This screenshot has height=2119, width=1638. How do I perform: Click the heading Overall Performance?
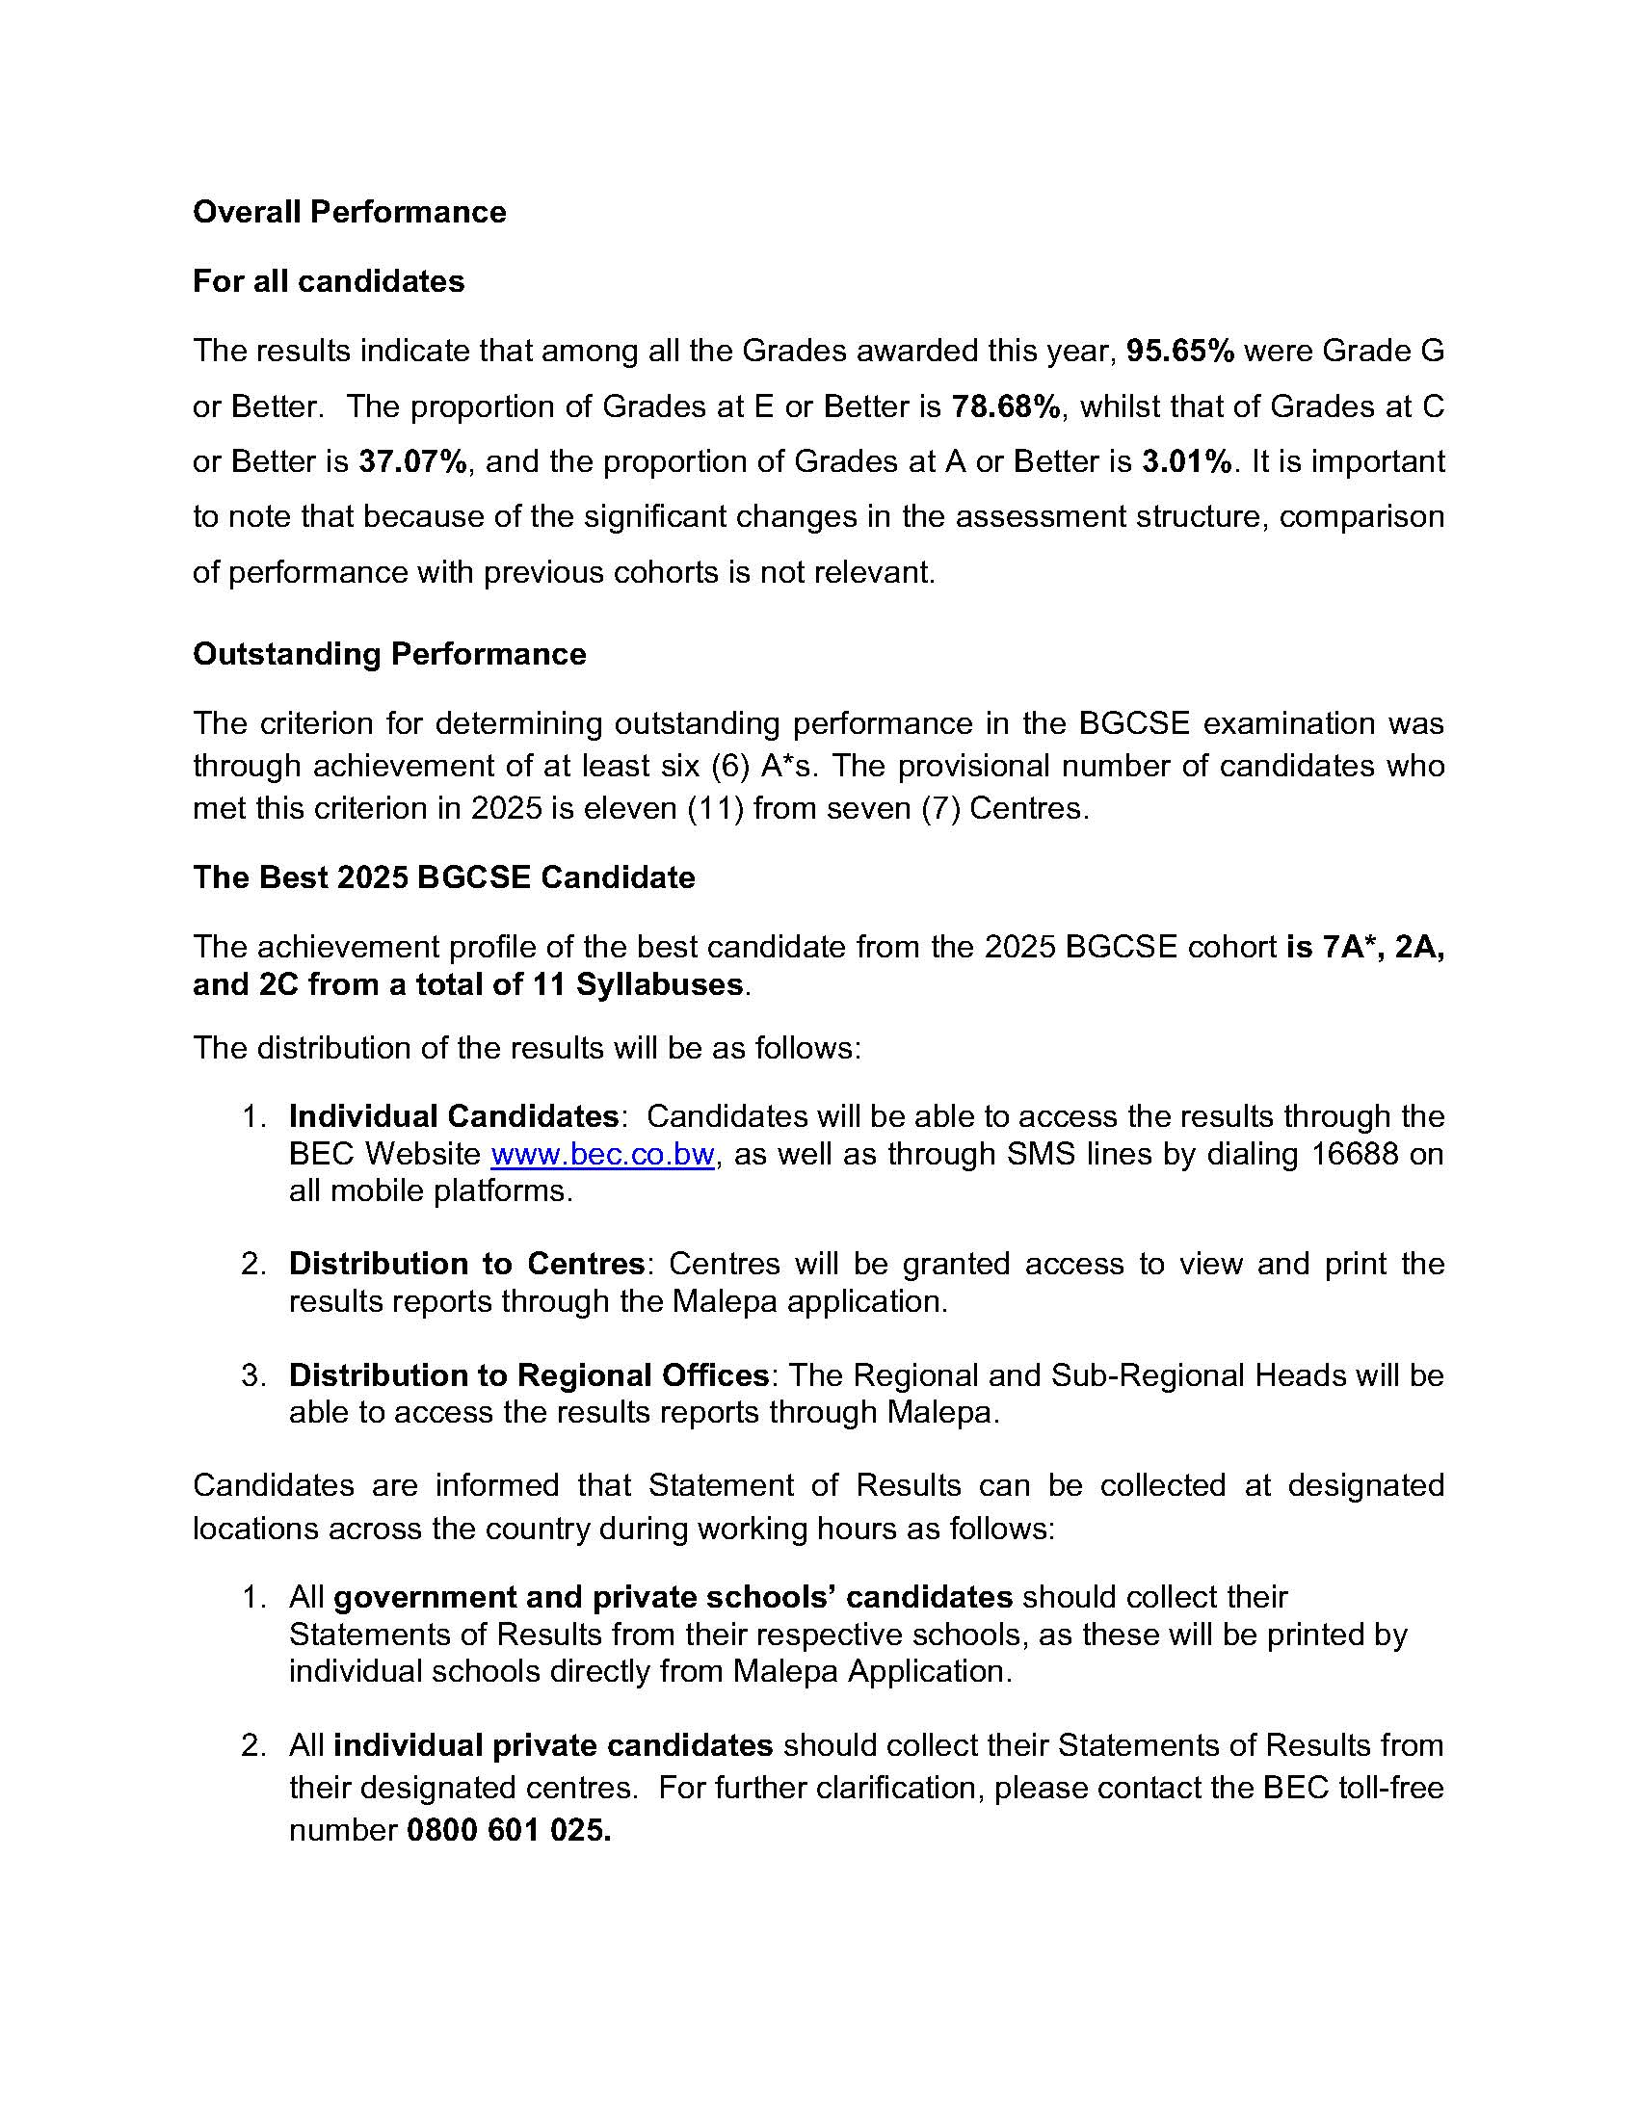350,213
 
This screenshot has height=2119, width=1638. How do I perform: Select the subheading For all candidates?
328,281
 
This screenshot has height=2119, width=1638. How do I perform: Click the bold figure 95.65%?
1180,351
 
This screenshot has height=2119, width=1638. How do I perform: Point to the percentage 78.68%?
1006,406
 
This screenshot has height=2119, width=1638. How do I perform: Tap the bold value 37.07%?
413,461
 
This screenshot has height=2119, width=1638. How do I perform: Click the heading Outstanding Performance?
389,654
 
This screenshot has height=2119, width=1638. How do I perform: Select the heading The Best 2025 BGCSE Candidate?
443,877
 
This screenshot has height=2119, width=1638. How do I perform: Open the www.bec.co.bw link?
602,1155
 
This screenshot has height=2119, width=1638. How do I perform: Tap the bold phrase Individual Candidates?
454,1116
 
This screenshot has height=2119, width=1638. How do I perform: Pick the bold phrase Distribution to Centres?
466,1265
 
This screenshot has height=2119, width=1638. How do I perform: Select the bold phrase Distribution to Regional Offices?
529,1375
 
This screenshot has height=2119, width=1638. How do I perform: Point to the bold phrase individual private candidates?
553,1746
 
